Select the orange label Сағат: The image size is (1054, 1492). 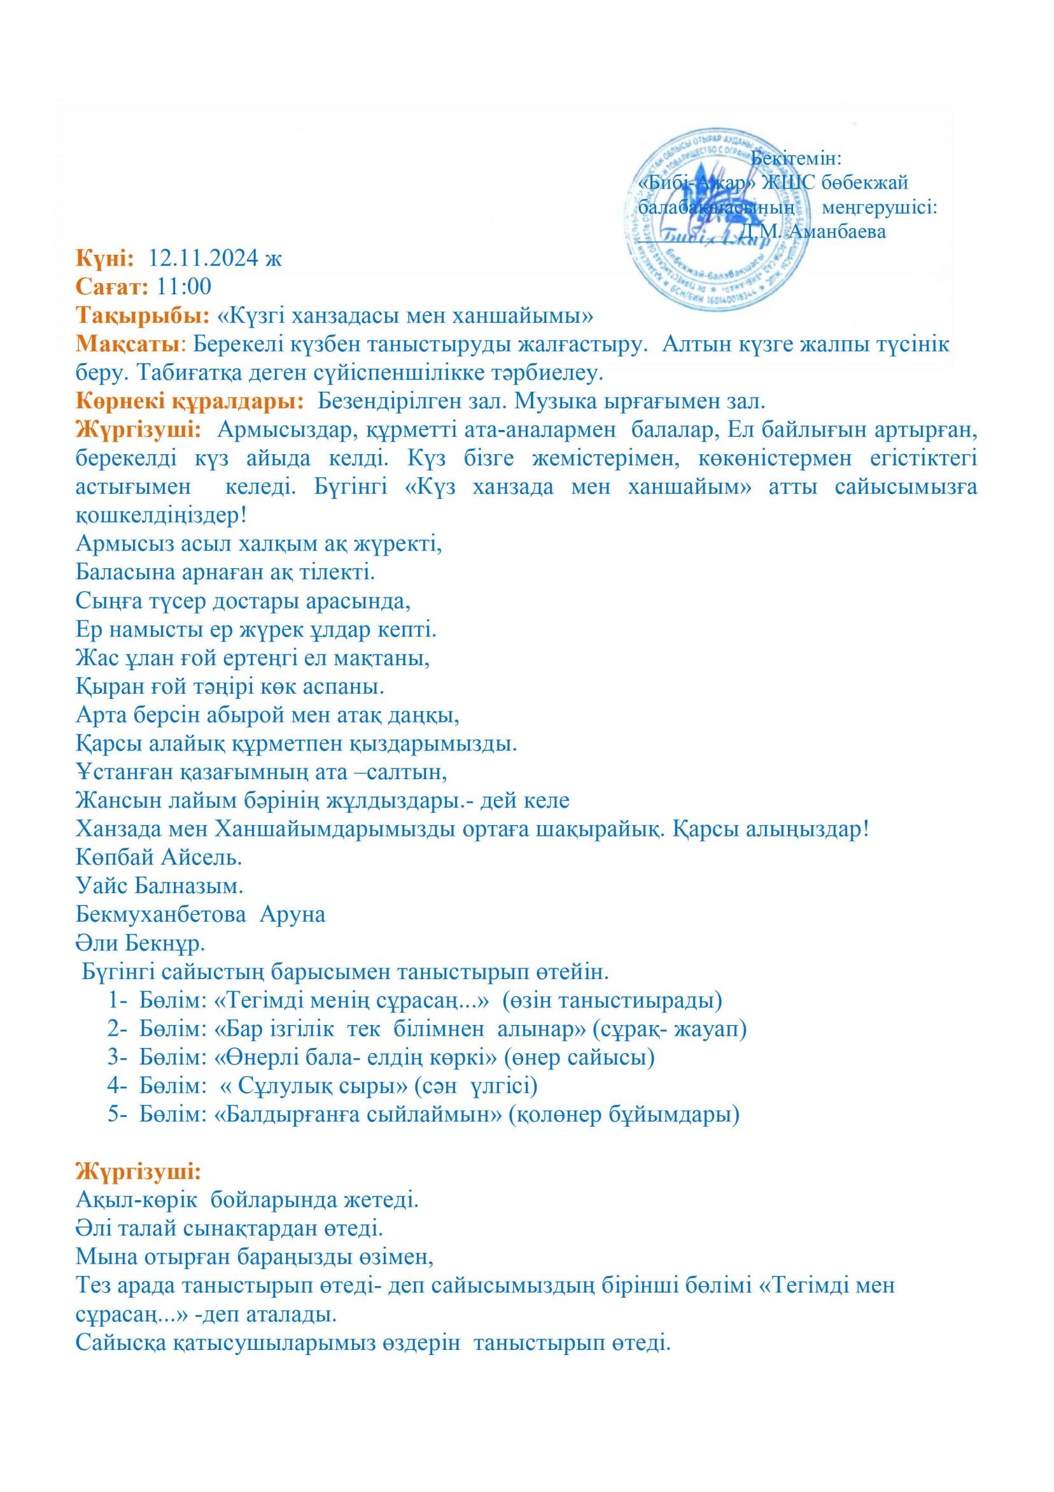coord(113,287)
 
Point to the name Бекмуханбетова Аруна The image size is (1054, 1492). coord(200,914)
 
